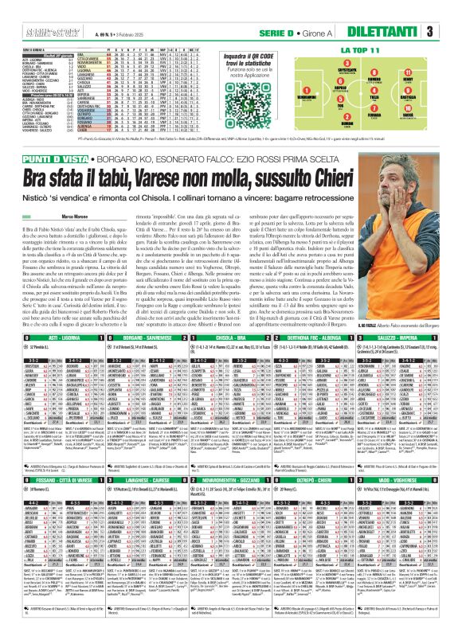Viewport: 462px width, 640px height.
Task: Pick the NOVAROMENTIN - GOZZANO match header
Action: coord(231,480)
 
